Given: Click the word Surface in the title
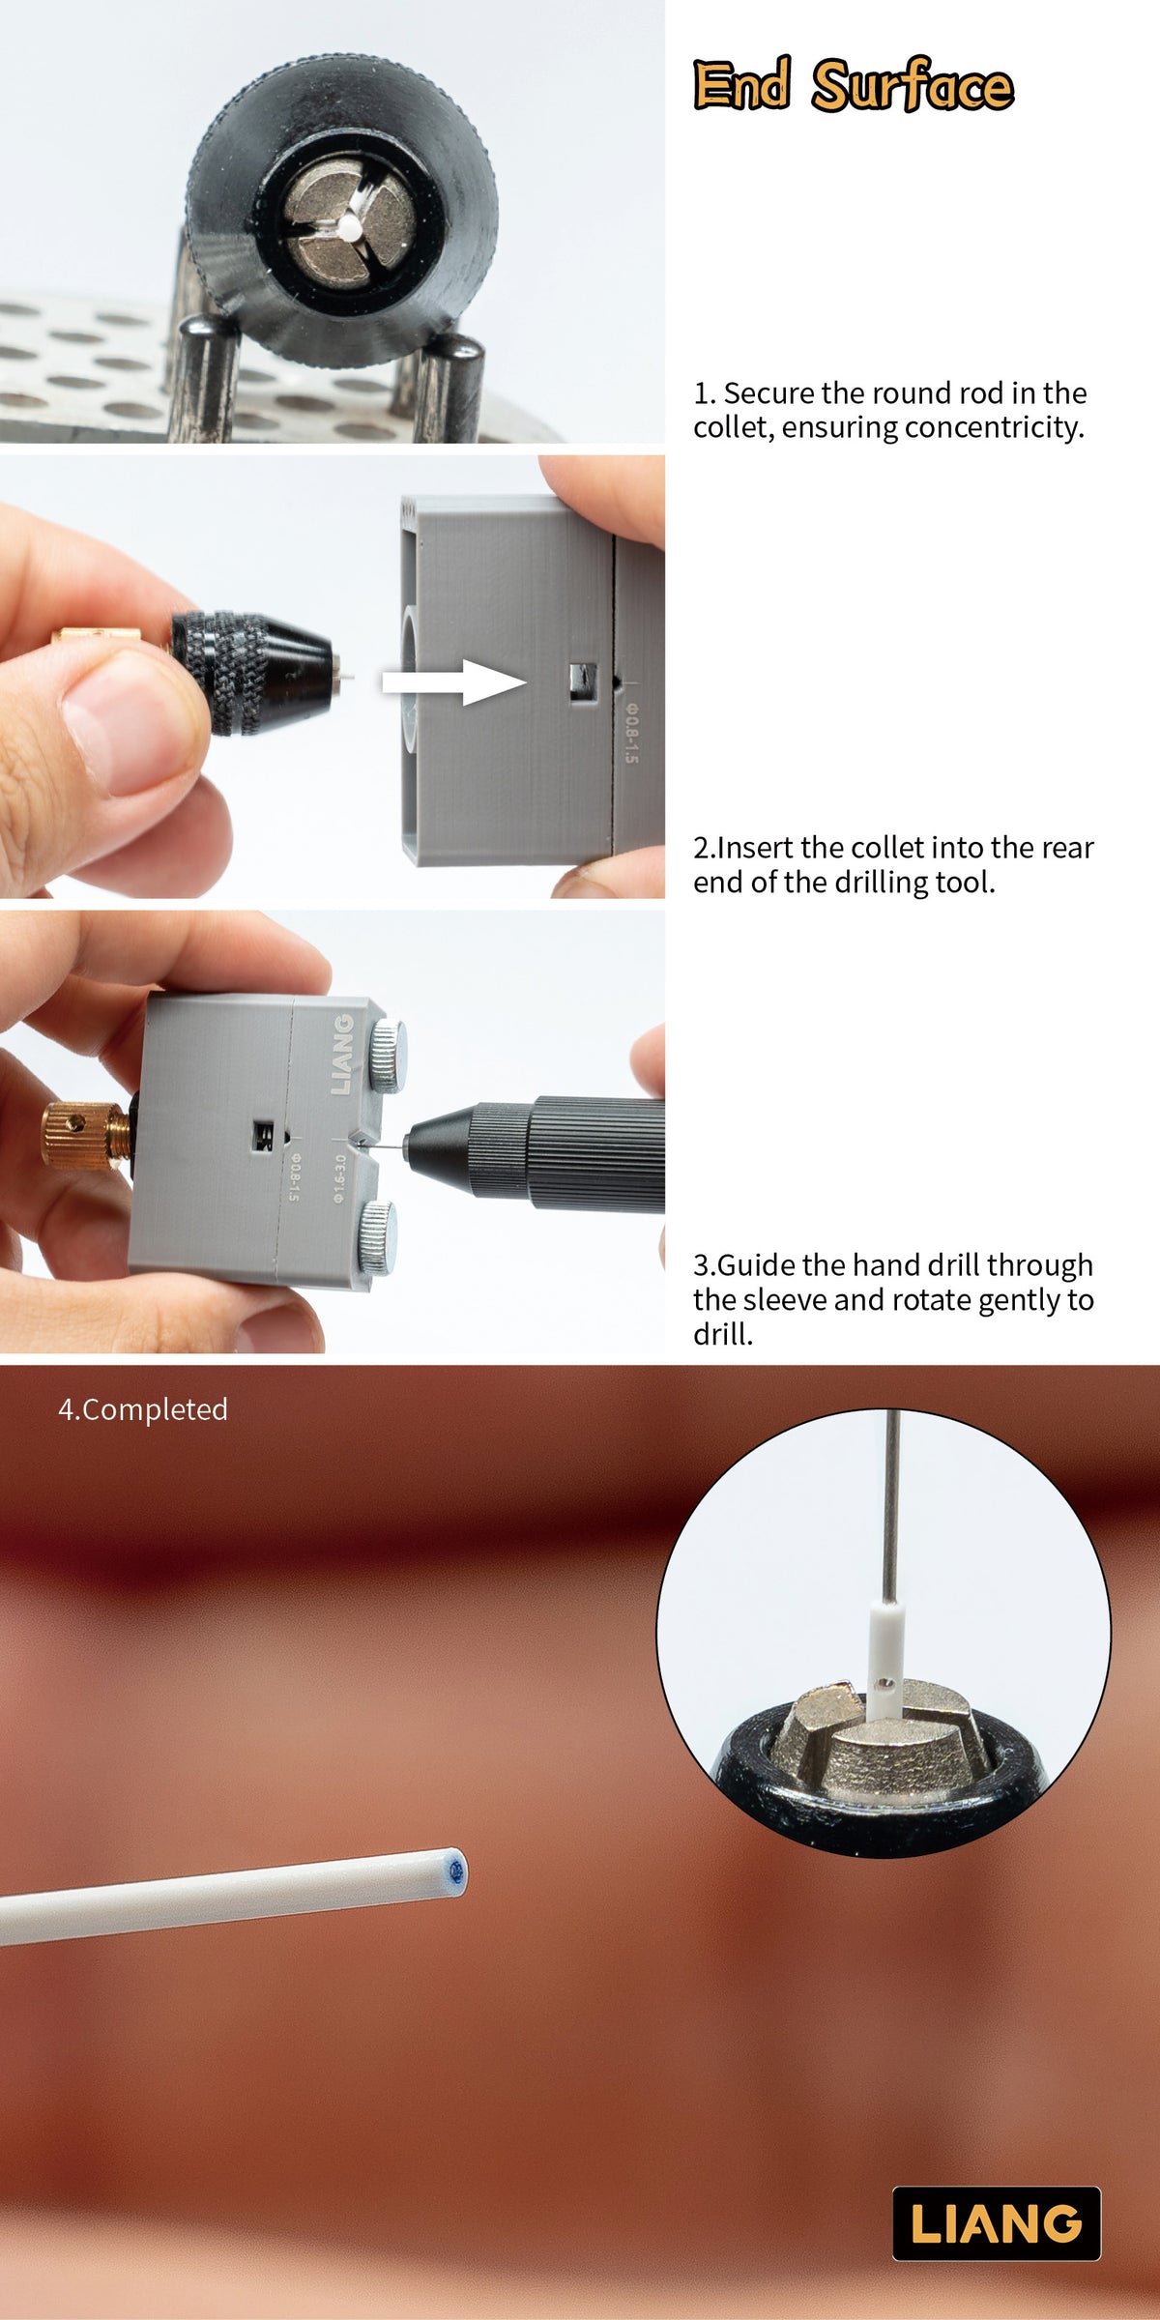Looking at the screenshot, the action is pyautogui.click(x=913, y=84).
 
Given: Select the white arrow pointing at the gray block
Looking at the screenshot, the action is pyautogui.click(x=454, y=682).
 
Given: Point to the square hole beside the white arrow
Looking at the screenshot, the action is pyautogui.click(x=582, y=681).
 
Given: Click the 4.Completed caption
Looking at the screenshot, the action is pyautogui.click(x=143, y=1409).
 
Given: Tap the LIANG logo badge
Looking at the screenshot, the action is pyautogui.click(x=996, y=2223).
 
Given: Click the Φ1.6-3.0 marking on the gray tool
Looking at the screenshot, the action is pyautogui.click(x=339, y=1177).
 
